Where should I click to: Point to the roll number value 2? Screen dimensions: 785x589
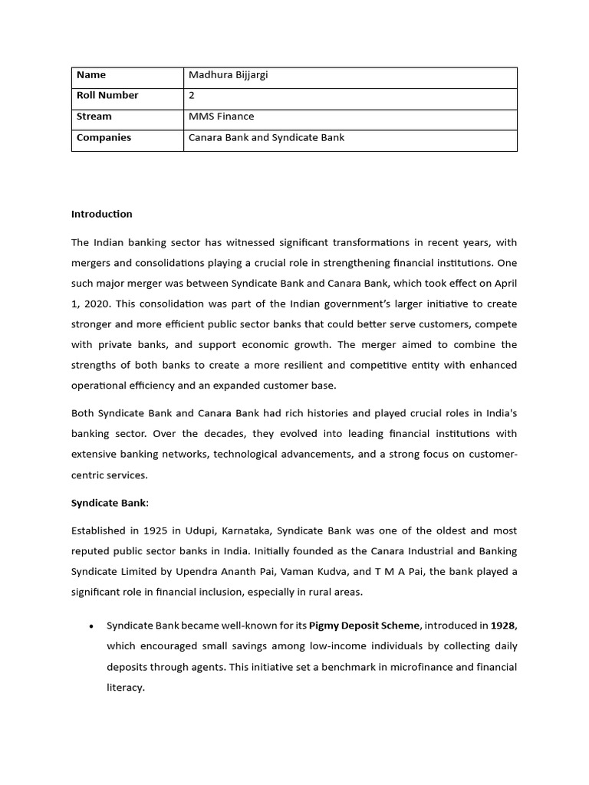coord(192,96)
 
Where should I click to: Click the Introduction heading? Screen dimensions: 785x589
coord(102,214)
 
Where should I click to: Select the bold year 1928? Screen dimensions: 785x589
coord(502,626)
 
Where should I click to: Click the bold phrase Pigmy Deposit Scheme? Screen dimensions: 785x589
coord(365,626)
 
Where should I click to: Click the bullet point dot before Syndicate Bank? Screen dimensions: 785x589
coord(91,626)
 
